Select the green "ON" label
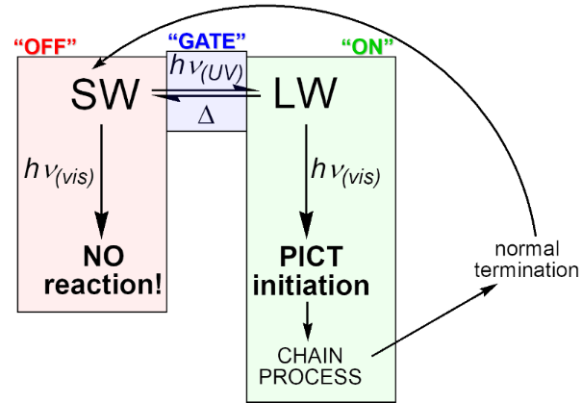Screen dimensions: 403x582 click(x=367, y=45)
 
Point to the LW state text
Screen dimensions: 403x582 click(x=305, y=93)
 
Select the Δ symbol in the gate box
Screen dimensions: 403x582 click(x=205, y=113)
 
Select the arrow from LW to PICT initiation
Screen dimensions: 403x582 click(x=306, y=183)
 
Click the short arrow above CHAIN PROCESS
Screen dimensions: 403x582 click(x=307, y=318)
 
